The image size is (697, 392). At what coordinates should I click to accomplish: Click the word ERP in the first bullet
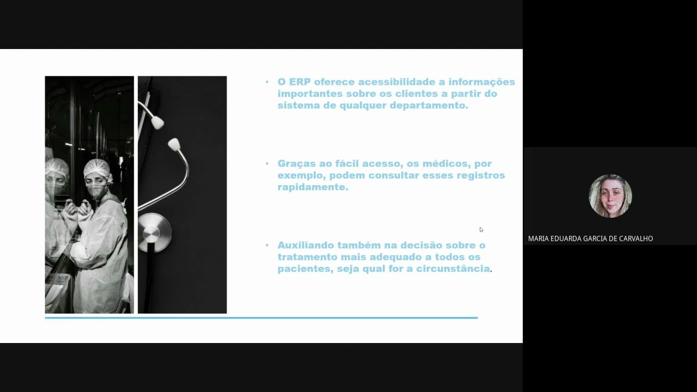coord(300,82)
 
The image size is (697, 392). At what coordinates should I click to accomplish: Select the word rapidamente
coord(313,187)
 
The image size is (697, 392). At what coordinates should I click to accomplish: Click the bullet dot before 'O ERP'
coord(267,82)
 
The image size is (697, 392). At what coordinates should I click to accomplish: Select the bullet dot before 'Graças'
coord(267,164)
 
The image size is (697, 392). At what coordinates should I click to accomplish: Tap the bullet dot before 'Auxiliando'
coord(267,246)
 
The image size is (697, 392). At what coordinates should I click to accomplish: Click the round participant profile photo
coord(610,196)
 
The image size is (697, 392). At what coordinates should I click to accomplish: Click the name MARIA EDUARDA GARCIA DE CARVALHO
coord(590,238)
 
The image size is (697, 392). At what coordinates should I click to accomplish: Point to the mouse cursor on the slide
coord(481,229)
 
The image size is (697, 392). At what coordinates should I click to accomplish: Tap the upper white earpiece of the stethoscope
coord(157,123)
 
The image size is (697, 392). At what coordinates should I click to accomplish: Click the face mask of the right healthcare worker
coord(96,191)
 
